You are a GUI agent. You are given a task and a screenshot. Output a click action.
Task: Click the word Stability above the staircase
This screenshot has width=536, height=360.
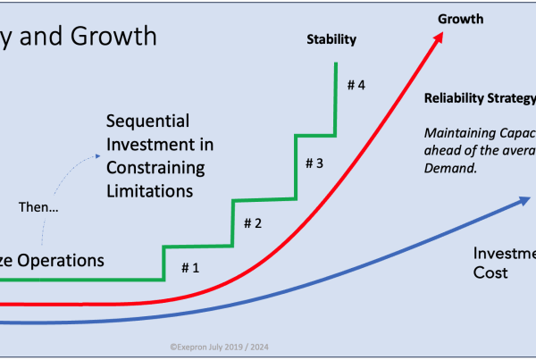[331, 39]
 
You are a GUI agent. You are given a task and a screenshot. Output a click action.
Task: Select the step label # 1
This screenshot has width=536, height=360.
[191, 266]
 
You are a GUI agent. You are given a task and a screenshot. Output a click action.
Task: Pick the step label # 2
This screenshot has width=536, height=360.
[252, 223]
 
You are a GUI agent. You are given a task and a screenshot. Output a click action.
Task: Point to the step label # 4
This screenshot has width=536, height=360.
[356, 86]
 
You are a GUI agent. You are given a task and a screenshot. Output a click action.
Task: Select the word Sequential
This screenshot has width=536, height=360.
[145, 121]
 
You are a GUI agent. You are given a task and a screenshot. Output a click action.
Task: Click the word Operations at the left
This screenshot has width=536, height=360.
[62, 261]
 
